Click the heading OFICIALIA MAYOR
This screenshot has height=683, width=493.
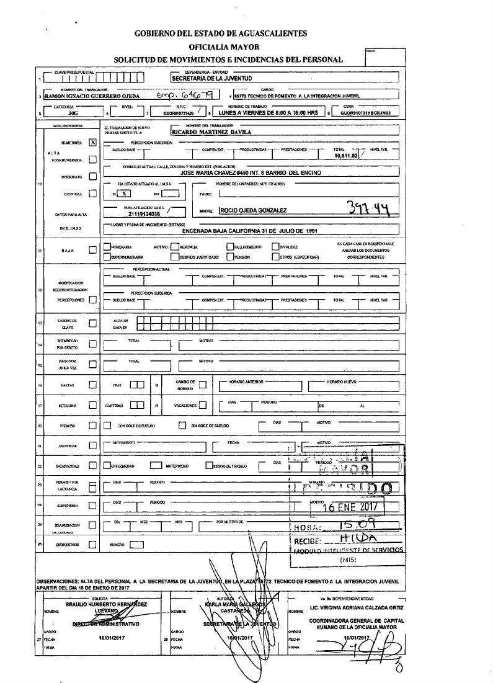pos(228,47)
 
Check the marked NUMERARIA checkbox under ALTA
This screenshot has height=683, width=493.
pos(92,142)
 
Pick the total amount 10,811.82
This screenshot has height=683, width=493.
pos(347,156)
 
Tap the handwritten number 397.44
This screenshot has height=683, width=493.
pos(368,210)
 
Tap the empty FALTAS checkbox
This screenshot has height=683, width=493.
pos(92,385)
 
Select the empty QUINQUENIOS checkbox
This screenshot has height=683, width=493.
pos(92,545)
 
